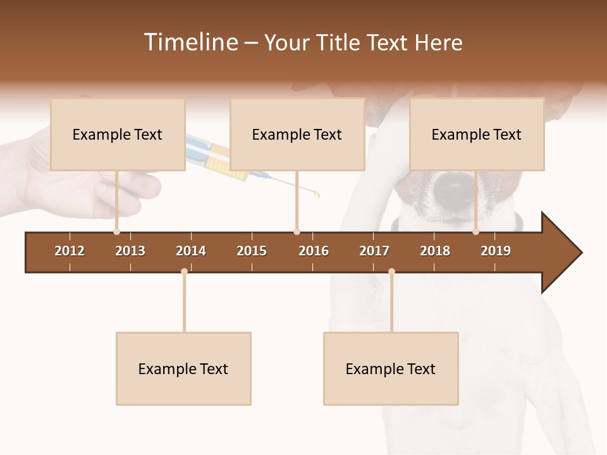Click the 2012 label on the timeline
click(x=70, y=251)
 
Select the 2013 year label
click(x=130, y=251)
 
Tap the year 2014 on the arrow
click(x=191, y=251)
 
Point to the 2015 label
click(x=252, y=251)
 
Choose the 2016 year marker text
click(x=314, y=251)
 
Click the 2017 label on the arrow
click(x=374, y=251)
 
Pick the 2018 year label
click(x=435, y=251)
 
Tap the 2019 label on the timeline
click(x=496, y=251)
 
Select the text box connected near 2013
click(x=118, y=135)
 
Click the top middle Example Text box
click(x=297, y=135)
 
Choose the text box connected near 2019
click(x=477, y=135)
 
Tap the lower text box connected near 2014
click(x=183, y=368)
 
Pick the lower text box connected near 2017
click(x=391, y=368)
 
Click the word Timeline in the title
click(x=190, y=42)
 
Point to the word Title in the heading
click(x=340, y=42)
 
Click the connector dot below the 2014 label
click(x=184, y=271)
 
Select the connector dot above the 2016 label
click(x=297, y=231)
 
